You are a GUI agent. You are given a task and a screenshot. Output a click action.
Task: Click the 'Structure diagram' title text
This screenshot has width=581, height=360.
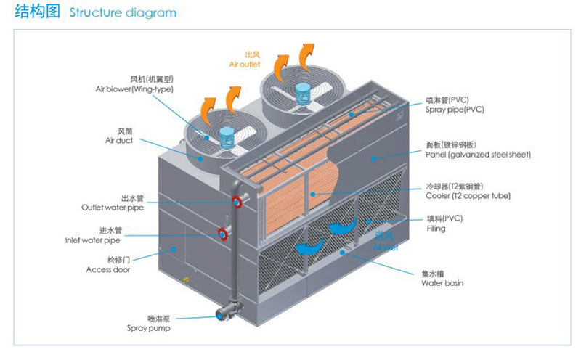[x=122, y=13]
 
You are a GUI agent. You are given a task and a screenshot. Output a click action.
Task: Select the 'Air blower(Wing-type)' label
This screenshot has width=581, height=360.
[x=134, y=89]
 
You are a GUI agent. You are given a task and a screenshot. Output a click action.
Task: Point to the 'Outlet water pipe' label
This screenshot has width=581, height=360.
[x=113, y=207]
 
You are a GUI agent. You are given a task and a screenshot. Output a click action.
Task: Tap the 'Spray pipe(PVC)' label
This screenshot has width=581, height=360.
[x=455, y=110]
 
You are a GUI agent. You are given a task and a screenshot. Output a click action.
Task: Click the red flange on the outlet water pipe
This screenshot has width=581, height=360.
[x=237, y=201]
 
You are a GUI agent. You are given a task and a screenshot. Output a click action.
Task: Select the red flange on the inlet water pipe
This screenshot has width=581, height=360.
[x=222, y=234]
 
